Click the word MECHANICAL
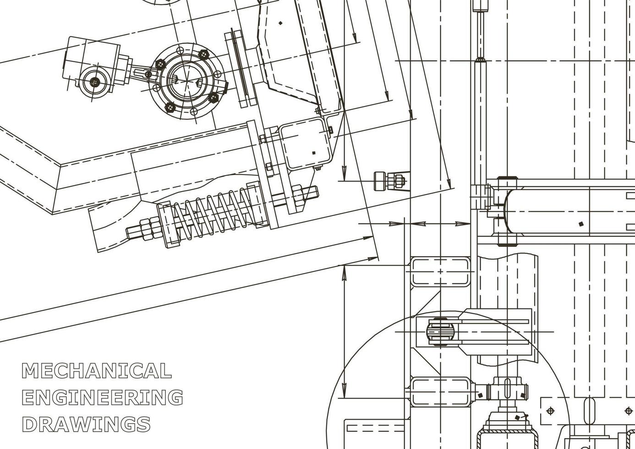pos(97,371)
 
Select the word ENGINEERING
pos(103,397)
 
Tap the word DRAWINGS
pos(86,424)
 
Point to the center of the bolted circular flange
pos(187,79)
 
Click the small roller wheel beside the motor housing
pos(94,82)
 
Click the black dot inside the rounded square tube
pos(313,153)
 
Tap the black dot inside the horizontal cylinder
pos(581,224)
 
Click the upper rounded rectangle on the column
pos(440,272)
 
